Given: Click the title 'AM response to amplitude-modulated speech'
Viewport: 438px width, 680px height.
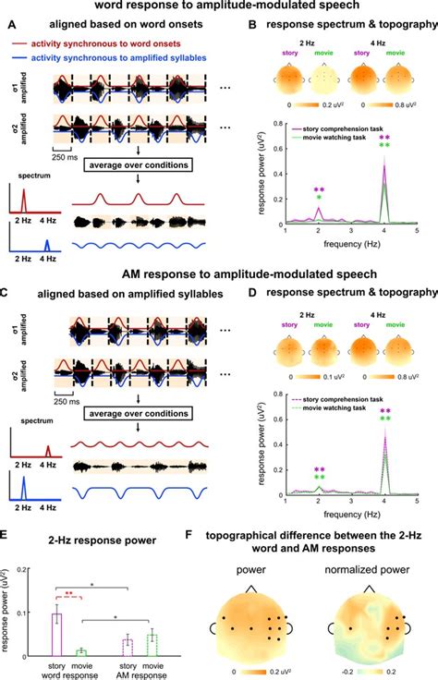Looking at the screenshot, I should click(218, 274).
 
